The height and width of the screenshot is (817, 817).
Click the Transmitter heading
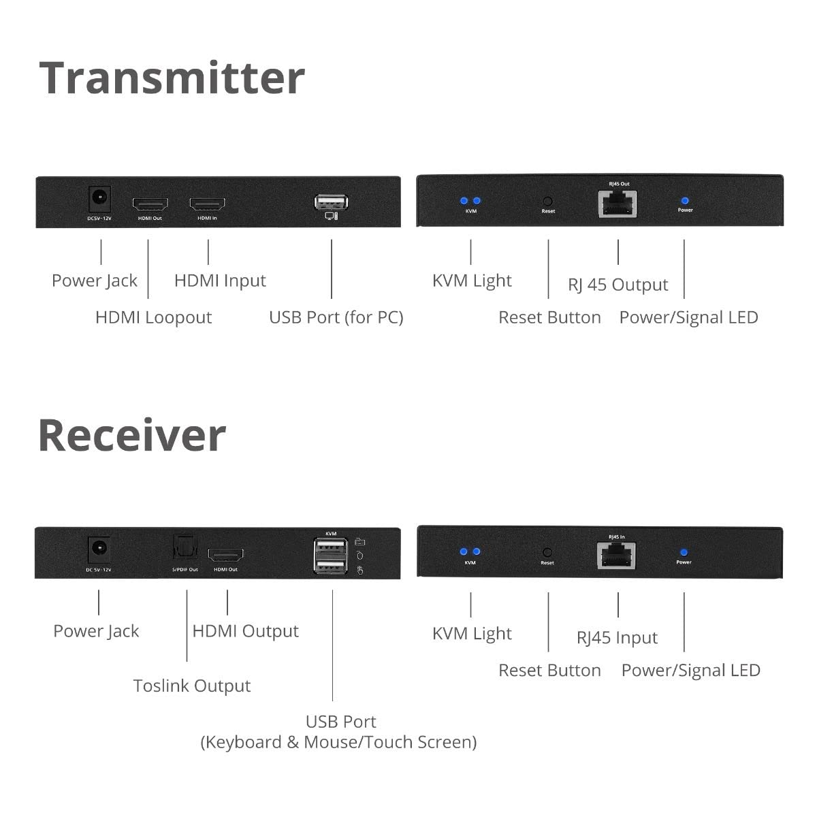click(172, 78)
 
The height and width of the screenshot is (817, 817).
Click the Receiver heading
click(131, 435)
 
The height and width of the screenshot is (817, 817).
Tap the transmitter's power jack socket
click(101, 198)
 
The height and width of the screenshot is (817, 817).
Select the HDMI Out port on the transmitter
click(150, 204)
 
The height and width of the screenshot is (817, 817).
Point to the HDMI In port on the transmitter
click(207, 204)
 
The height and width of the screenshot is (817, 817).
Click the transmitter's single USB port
click(331, 202)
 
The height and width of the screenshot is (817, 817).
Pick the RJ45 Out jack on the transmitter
click(618, 203)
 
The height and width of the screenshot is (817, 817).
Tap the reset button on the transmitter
click(547, 202)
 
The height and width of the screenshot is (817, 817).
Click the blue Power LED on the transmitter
click(685, 201)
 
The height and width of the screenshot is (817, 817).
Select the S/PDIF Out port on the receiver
click(184, 549)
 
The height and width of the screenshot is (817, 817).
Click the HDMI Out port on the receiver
click(225, 555)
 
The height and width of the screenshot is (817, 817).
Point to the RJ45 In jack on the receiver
click(616, 555)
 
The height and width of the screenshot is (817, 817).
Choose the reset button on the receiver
click(547, 553)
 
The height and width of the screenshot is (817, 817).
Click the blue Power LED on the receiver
click(684, 553)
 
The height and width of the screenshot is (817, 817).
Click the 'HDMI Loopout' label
click(153, 317)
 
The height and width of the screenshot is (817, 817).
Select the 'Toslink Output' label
click(191, 686)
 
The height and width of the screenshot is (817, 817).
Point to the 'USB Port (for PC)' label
click(336, 317)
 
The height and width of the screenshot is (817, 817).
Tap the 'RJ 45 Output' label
click(618, 285)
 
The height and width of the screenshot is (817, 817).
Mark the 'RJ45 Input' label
click(617, 638)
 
